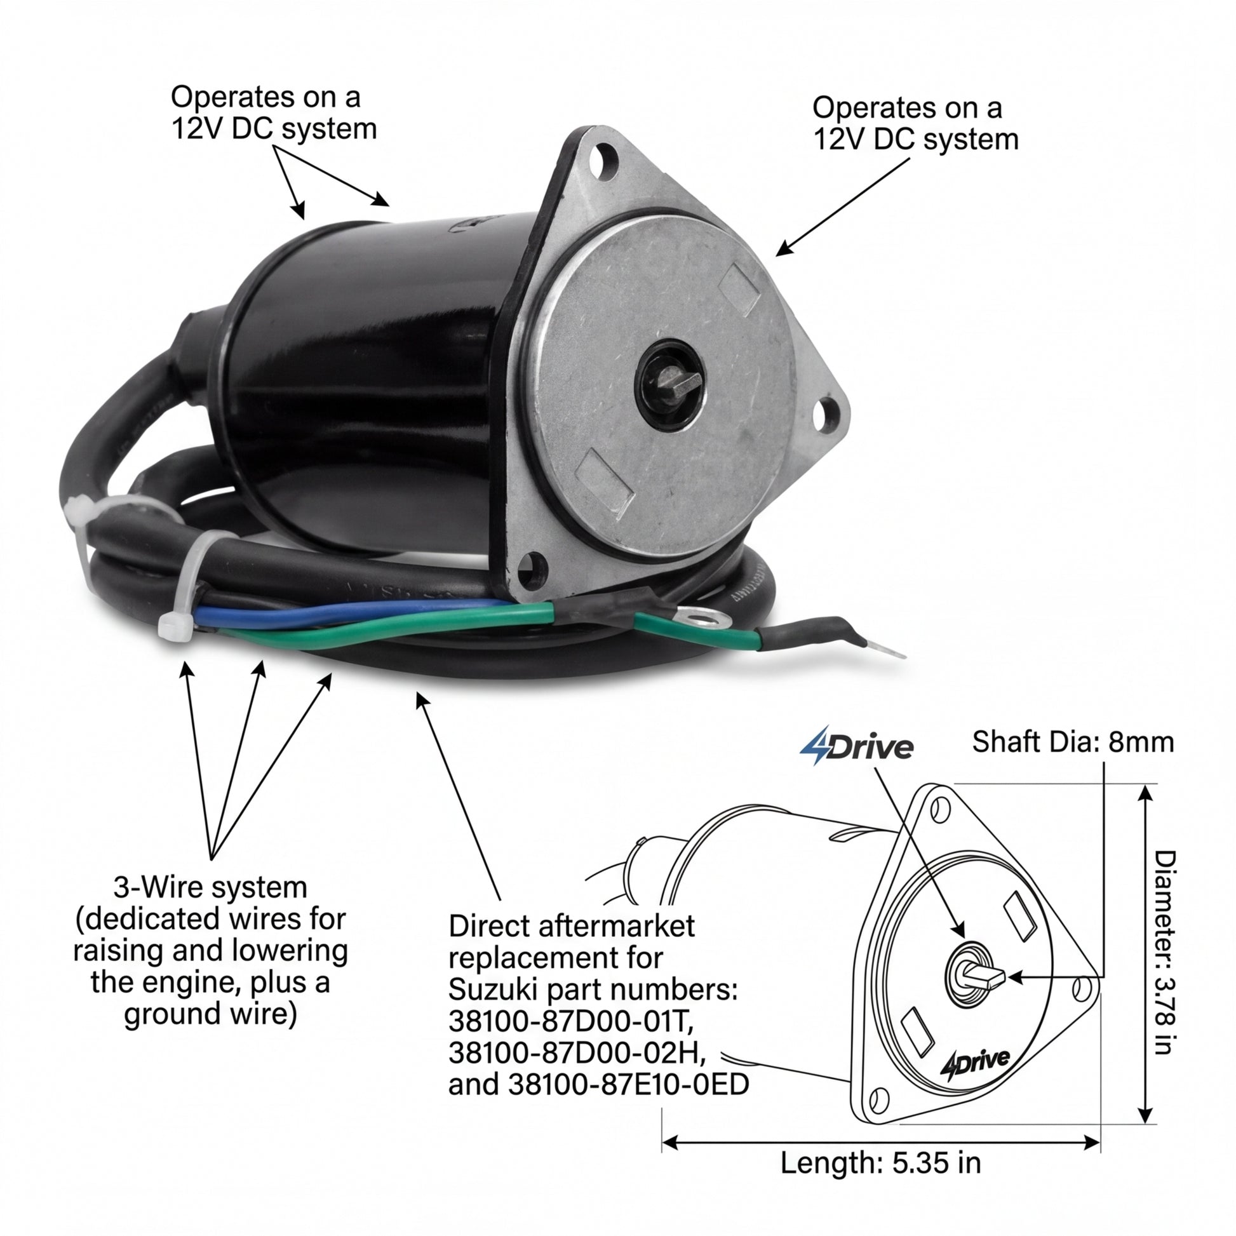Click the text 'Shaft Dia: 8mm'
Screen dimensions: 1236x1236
click(x=1073, y=742)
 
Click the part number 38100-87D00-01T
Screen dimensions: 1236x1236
click(x=570, y=1022)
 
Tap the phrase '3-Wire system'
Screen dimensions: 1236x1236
click(x=210, y=888)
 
